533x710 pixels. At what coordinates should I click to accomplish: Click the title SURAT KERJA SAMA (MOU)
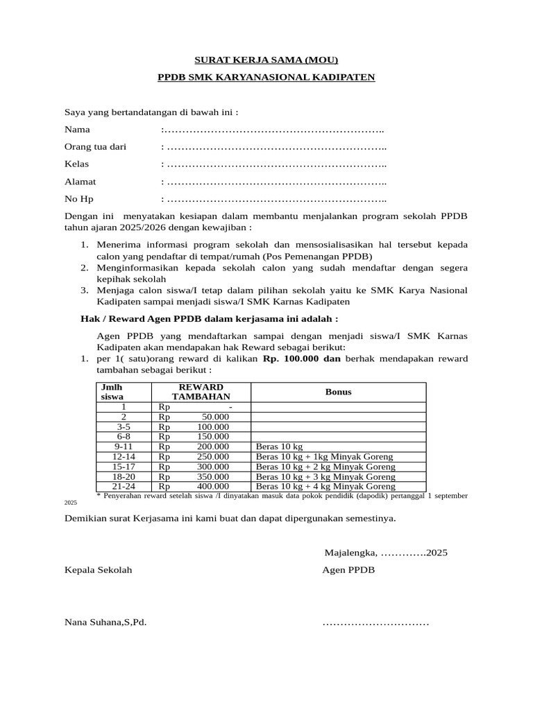point(266,60)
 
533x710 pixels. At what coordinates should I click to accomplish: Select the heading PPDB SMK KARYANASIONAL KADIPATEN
point(266,78)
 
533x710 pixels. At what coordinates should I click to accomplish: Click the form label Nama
point(77,130)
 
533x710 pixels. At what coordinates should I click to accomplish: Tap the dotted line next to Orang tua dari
point(276,147)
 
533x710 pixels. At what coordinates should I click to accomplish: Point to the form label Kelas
point(76,164)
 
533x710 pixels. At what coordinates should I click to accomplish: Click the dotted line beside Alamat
point(276,182)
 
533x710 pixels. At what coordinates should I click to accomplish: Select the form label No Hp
point(78,200)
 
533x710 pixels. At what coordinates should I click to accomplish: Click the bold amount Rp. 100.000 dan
point(302,358)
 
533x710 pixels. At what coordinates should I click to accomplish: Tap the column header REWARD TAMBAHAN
point(201,392)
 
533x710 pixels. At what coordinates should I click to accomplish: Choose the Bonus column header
point(338,392)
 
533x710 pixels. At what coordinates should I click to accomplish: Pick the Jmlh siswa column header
point(112,392)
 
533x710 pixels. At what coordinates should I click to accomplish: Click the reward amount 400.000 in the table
point(213,487)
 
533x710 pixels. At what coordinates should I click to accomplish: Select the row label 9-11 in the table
point(124,447)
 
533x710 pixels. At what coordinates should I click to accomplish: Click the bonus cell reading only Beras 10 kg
point(280,447)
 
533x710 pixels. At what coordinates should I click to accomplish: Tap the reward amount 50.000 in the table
point(215,417)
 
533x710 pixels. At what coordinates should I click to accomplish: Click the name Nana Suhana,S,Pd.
point(105,622)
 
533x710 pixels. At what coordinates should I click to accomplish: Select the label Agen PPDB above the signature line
point(348,570)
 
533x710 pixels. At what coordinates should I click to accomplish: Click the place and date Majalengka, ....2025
point(387,553)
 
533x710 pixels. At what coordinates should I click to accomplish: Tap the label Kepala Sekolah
point(98,570)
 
